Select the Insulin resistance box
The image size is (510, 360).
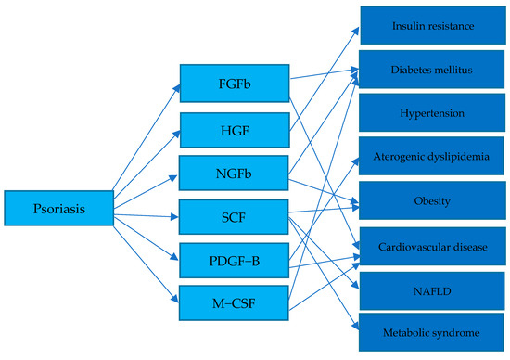[x=433, y=27]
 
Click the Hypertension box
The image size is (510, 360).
[x=433, y=113]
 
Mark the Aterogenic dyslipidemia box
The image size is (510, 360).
[x=433, y=157]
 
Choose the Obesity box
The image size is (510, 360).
[x=433, y=200]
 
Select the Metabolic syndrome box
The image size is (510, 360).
[x=433, y=331]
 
